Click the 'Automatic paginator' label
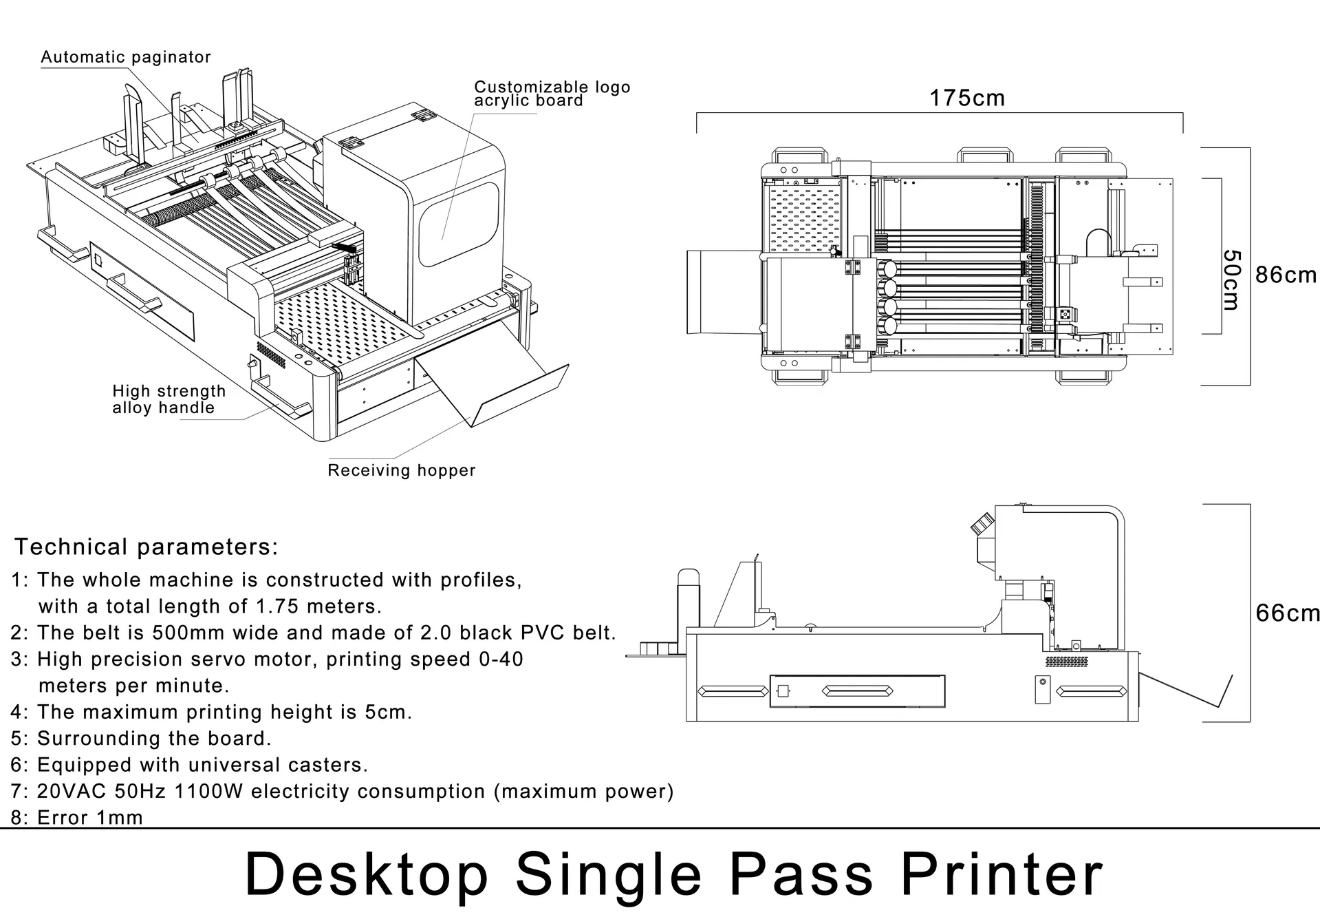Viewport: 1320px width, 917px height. tap(126, 57)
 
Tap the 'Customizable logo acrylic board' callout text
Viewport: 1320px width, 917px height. tap(552, 94)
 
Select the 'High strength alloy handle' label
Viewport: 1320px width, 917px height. tap(169, 399)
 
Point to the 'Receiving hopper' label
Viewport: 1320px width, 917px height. tap(401, 470)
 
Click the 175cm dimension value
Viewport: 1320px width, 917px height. tap(966, 98)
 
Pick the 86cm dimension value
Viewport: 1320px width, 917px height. tap(1285, 275)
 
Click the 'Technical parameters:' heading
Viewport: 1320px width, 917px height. tap(147, 547)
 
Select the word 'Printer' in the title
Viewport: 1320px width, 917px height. tap(1002, 874)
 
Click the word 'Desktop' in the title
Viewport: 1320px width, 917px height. tap(366, 874)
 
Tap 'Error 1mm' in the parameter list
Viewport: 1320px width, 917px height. tap(90, 818)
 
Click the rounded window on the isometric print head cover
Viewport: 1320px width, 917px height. tap(459, 224)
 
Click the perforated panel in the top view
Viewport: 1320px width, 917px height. tap(804, 218)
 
